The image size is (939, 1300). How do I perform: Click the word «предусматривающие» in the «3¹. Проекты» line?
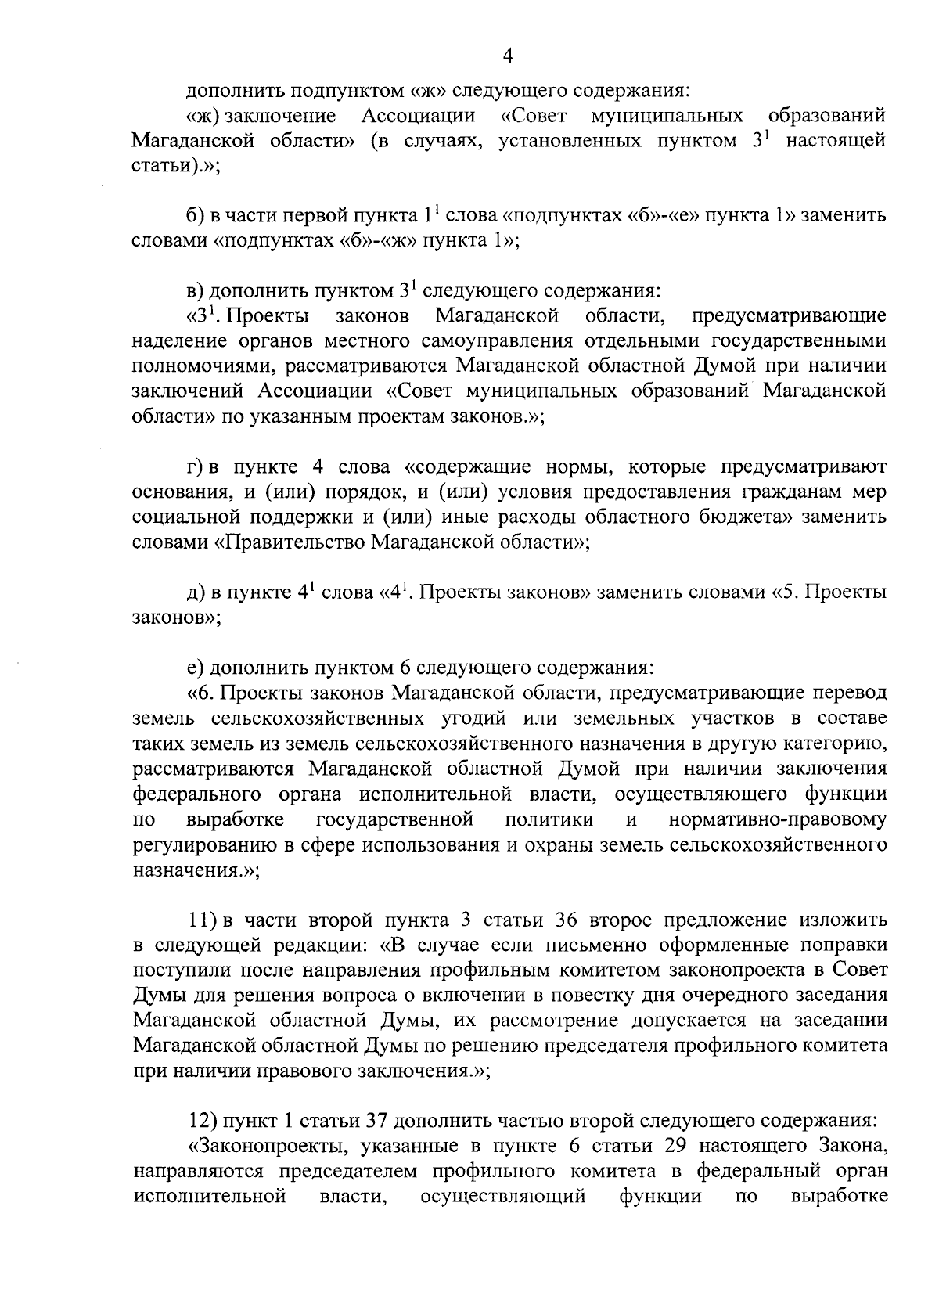[x=789, y=317]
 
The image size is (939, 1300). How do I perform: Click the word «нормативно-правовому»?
[x=778, y=819]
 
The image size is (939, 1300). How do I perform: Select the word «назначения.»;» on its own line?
[x=196, y=870]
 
